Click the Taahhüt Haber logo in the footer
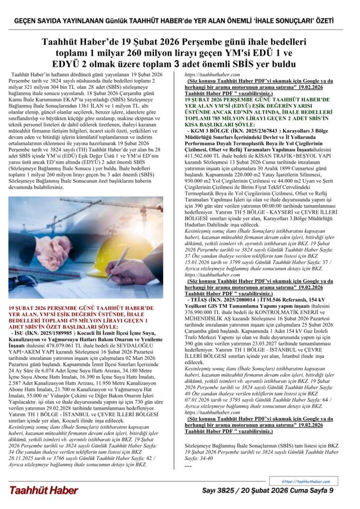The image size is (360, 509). [43, 490]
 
